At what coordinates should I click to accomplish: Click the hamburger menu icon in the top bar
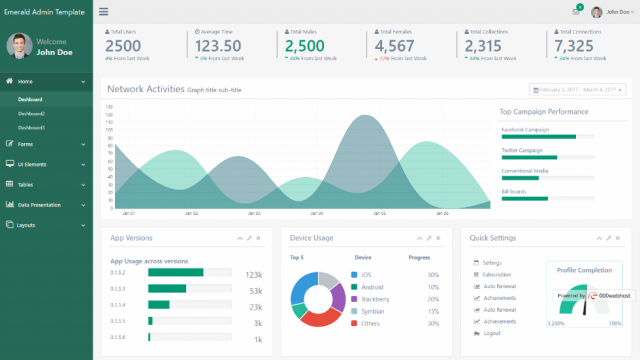104,12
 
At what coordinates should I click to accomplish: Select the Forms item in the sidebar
25,143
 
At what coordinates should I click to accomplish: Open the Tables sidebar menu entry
26,184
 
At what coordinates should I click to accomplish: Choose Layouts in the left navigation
27,225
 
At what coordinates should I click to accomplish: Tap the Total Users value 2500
123,45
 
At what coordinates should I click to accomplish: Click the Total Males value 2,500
304,45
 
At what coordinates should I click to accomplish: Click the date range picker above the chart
577,89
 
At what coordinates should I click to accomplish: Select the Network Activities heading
145,89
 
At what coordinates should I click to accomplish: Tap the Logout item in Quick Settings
491,333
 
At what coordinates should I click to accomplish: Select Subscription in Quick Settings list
496,274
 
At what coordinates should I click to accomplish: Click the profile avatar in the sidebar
17,45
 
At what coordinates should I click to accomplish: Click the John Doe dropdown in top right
611,12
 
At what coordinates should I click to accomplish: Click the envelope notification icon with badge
576,12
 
